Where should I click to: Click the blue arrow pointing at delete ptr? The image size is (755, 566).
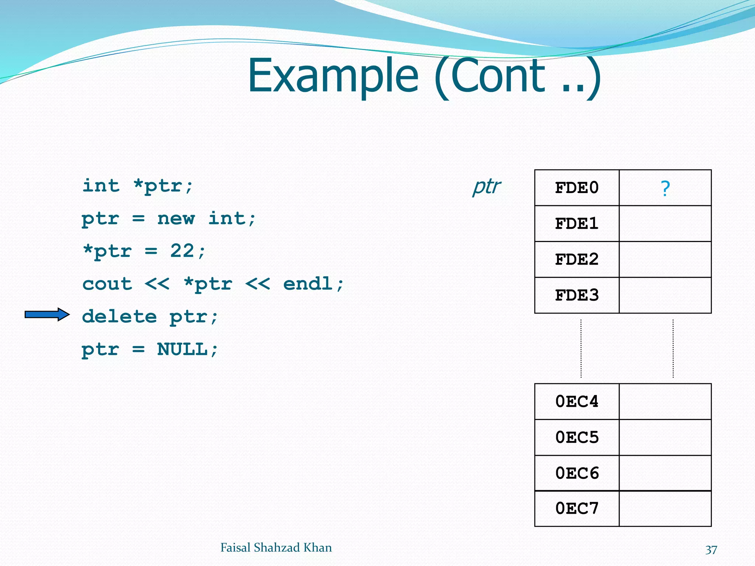47,314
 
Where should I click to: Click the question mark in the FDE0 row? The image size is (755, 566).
665,188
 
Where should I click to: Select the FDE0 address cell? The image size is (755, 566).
577,188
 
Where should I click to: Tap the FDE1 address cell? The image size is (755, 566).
577,224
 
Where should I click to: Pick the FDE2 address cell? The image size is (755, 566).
577,259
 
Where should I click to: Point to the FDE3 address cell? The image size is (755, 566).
577,295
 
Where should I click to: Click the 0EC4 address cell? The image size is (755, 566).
577,401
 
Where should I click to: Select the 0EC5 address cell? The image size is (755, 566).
577,437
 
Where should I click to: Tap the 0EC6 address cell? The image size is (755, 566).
577,473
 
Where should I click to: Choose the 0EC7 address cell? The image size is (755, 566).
577,509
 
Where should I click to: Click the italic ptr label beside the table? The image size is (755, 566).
486,187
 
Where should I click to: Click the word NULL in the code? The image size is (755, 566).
182,349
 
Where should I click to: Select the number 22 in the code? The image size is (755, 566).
182,251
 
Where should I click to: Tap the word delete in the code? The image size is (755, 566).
119,317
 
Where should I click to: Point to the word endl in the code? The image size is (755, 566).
308,284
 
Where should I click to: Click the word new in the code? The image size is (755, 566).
176,219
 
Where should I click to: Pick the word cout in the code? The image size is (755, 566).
107,284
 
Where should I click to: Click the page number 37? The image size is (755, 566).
711,550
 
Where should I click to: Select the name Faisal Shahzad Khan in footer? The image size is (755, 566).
276,548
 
